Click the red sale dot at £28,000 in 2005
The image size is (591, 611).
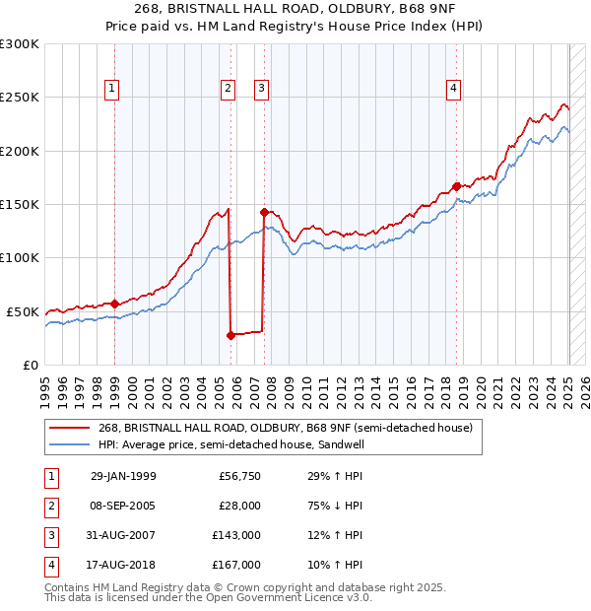click(230, 335)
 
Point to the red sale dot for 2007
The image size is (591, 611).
click(264, 212)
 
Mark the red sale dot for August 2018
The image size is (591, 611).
click(456, 186)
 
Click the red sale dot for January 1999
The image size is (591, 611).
click(115, 305)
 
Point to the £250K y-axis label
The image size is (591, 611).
click(20, 98)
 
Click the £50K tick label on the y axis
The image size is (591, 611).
click(24, 311)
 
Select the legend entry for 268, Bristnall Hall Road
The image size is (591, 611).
click(286, 428)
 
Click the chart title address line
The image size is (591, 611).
click(295, 10)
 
